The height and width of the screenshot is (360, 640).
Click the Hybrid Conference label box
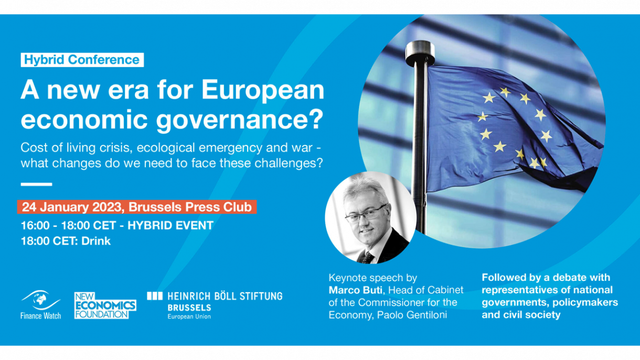pos(82,60)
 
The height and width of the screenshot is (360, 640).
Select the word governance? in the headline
pos(239,119)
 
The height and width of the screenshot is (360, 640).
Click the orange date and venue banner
pos(137,207)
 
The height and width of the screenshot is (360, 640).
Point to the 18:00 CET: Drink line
pos(66,241)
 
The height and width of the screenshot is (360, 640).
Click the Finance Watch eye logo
pos(40,300)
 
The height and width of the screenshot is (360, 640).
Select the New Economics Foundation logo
pos(105,305)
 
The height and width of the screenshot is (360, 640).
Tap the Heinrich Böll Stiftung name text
pos(225,297)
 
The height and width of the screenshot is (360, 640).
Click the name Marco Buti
pos(356,290)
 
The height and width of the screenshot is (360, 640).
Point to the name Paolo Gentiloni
pos(412,315)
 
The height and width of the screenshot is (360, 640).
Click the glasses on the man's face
pos(366,214)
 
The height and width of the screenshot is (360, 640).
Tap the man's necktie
pos(368,258)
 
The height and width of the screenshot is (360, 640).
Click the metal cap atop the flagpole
pos(420,53)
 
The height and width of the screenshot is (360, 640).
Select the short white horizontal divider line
pos(37,184)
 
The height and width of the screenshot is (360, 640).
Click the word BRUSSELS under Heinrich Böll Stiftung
pos(189,308)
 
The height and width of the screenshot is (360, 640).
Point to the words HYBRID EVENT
pos(170,226)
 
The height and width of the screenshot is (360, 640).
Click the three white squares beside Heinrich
pos(155,296)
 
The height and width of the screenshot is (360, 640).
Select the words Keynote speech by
pos(373,278)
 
